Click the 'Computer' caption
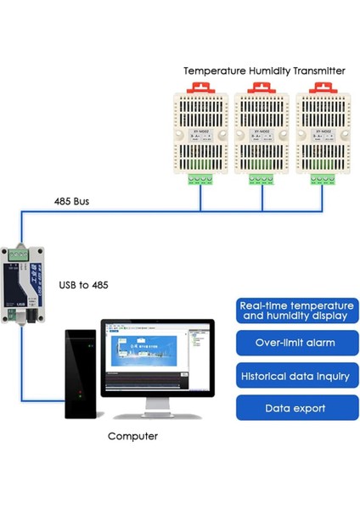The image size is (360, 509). point(132,436)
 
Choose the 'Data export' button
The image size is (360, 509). point(295,408)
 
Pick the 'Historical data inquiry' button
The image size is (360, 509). point(295,376)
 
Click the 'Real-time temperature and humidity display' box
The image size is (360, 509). point(295,310)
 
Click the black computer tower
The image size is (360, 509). point(82,373)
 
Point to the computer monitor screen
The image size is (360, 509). point(156,357)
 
